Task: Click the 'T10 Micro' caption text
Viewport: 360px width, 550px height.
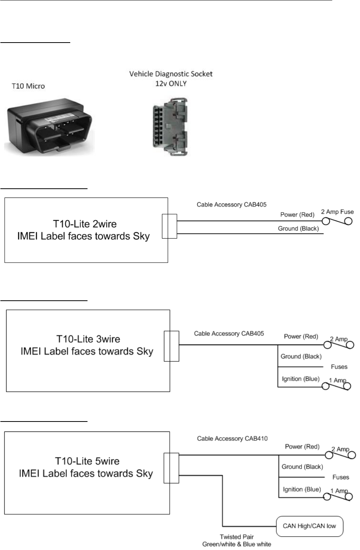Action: click(28, 86)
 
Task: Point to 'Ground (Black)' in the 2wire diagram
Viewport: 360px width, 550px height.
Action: click(298, 229)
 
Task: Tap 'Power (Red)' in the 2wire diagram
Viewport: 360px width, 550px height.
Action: click(297, 215)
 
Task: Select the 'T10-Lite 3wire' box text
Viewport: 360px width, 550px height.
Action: click(88, 339)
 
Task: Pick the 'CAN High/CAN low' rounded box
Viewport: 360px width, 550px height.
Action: click(309, 526)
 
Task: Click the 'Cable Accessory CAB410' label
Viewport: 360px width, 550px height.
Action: click(232, 438)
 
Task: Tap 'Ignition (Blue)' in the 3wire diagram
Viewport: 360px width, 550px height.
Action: click(300, 379)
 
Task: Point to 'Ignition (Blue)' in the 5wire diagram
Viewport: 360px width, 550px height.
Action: click(302, 489)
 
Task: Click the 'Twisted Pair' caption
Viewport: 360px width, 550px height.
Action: click(236, 537)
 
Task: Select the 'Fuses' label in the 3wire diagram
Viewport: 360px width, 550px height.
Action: click(339, 367)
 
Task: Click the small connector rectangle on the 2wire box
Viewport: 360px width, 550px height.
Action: click(169, 226)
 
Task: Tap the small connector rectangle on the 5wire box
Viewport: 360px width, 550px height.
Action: click(171, 468)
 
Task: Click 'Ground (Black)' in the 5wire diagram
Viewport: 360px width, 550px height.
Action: click(302, 467)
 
